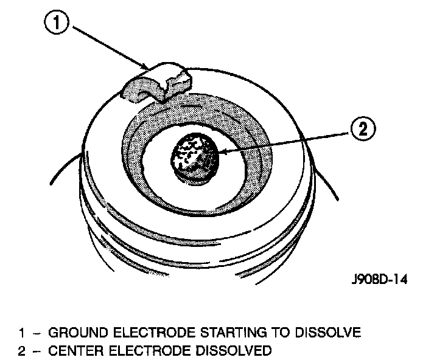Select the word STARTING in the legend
pos(212,333)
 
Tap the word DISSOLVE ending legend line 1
pos(327,333)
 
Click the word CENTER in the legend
pos(74,351)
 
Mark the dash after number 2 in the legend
pos(36,351)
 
